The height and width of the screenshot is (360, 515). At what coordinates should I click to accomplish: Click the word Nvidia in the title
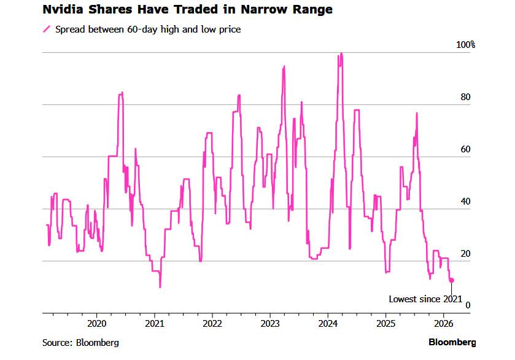click(62, 10)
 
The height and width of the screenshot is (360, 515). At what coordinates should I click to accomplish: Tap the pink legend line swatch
click(46, 29)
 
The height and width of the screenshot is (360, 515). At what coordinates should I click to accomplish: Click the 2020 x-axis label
click(97, 323)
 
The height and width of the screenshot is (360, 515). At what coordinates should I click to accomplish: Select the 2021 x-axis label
click(154, 323)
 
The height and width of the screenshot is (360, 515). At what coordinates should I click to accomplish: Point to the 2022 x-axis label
click(212, 323)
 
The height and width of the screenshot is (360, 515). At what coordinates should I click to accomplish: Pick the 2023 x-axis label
click(270, 323)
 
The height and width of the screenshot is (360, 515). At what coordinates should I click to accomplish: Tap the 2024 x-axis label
click(328, 323)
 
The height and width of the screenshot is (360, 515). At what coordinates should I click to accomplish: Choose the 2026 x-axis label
click(443, 323)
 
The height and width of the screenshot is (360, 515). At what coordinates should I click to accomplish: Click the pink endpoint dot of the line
click(452, 280)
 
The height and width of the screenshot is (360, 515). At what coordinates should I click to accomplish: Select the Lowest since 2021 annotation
click(425, 299)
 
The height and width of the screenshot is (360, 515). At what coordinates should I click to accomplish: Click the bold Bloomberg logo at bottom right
click(452, 342)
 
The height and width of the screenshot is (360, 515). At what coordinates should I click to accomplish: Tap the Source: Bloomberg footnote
click(80, 342)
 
